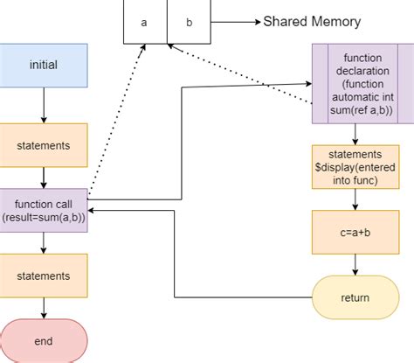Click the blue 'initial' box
point(44,65)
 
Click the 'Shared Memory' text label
point(311,22)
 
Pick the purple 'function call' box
point(44,211)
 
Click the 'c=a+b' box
point(355,232)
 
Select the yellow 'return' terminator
point(355,297)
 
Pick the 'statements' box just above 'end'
point(44,276)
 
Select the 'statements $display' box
point(355,166)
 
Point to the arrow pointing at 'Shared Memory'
point(236,22)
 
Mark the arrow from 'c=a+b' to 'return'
point(355,264)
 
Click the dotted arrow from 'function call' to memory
point(114,122)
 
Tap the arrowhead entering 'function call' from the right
point(93,211)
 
